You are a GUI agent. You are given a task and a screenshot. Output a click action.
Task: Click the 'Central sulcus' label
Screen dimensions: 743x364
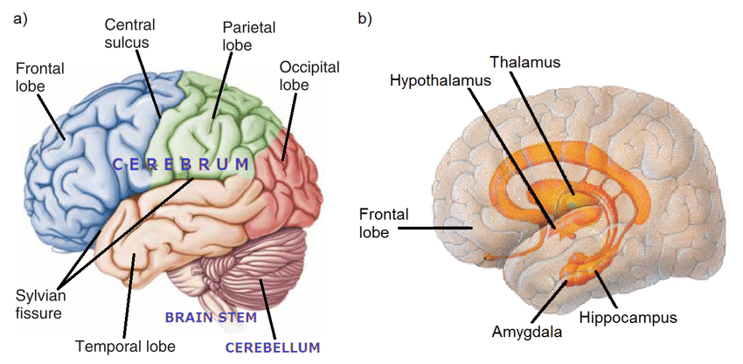(129, 33)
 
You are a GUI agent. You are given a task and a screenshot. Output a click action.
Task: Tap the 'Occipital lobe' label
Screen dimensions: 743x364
(309, 76)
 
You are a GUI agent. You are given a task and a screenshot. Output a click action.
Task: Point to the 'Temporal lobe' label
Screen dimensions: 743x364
(126, 347)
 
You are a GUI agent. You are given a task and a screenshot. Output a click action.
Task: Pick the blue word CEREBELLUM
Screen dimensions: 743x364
(273, 348)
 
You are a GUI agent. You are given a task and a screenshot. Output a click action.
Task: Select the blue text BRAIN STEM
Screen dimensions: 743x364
(211, 318)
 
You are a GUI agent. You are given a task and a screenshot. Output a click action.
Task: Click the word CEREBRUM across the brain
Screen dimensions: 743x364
(180, 165)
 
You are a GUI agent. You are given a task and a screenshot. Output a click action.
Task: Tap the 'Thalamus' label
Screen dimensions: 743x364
(525, 62)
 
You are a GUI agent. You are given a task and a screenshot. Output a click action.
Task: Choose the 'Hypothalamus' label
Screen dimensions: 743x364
(441, 81)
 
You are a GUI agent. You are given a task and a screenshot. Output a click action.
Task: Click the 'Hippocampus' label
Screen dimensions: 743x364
(628, 317)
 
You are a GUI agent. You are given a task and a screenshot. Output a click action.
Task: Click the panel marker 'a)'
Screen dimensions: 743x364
(22, 19)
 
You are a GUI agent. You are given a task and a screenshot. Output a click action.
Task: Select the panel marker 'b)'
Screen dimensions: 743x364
(365, 19)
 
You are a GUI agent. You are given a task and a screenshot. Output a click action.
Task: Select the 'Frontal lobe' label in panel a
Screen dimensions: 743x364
(40, 76)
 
